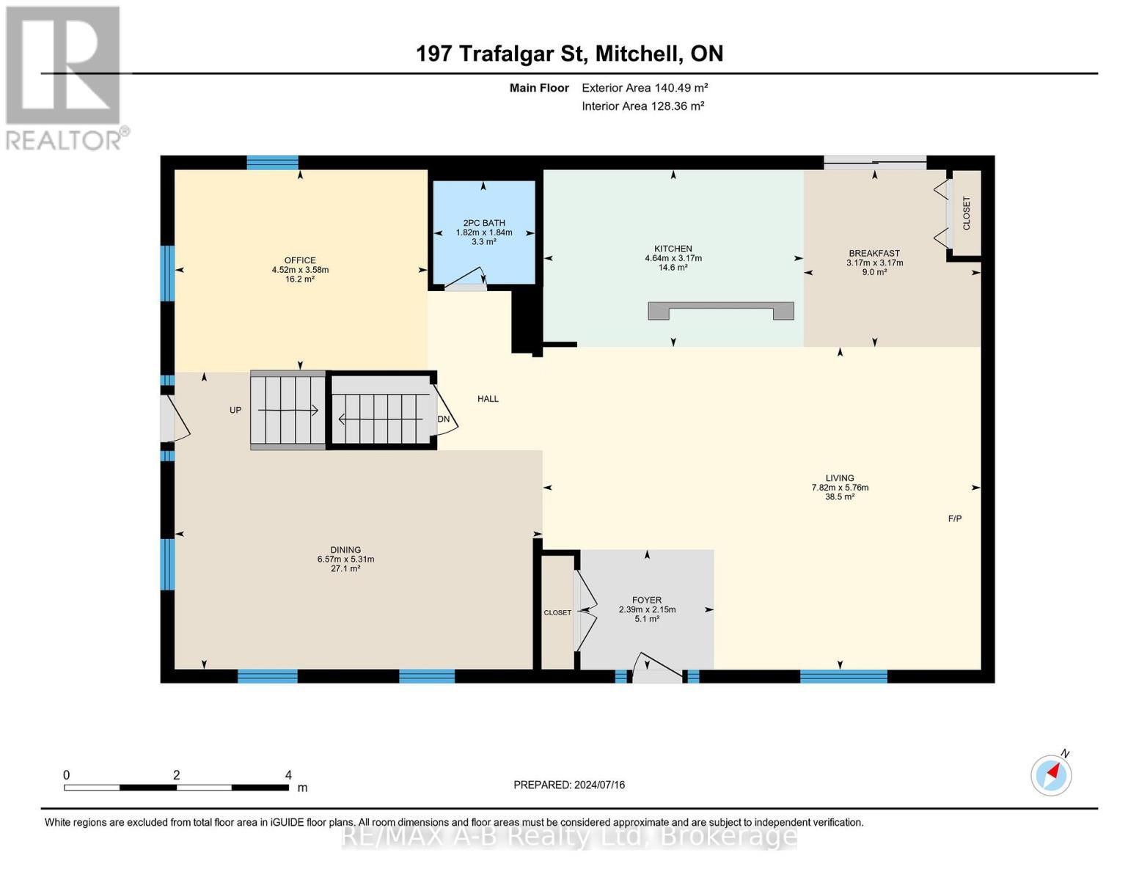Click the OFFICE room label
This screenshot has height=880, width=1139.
300,260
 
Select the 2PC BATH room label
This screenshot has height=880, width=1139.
484,223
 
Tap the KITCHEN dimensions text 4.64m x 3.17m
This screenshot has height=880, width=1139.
673,258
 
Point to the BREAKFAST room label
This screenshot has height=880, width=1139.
874,253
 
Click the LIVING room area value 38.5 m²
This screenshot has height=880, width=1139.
840,497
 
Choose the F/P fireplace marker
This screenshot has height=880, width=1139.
954,518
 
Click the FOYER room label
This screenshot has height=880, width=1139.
647,600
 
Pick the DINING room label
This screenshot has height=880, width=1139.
345,550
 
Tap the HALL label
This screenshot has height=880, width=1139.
488,399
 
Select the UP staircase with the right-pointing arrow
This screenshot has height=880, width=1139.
288,411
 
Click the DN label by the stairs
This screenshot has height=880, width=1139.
444,419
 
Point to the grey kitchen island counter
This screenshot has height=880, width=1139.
721,310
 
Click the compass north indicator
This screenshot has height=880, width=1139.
1051,775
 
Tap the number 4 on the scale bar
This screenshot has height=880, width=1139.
288,774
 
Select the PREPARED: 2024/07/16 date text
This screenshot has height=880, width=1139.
568,785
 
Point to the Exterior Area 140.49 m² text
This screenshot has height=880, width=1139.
645,88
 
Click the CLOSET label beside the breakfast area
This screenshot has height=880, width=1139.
966,213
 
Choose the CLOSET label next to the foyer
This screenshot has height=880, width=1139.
557,612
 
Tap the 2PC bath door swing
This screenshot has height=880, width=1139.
466,278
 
